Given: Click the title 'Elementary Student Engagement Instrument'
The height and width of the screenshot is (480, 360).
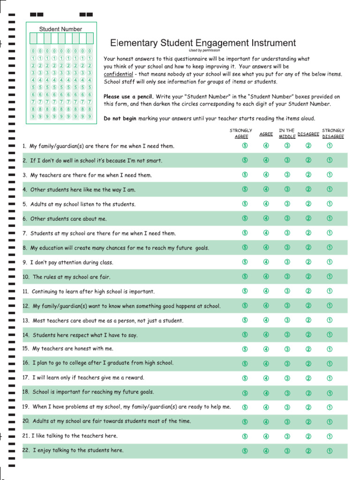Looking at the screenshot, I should tap(203, 43).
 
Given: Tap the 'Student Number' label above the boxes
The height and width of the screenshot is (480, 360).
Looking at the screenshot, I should tap(60, 29).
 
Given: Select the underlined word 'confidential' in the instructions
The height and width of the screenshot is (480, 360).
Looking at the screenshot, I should tap(118, 74).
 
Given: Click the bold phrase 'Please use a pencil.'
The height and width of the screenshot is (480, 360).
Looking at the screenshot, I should tap(128, 97).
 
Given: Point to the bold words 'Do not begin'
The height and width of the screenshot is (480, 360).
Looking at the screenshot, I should tap(120, 119).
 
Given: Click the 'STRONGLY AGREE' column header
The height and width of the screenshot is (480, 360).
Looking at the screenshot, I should tap(241, 134).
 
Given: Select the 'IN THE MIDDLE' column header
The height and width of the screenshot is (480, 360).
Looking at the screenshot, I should tap(287, 134).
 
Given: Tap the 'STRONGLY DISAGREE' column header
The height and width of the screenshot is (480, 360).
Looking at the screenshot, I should tap(333, 134).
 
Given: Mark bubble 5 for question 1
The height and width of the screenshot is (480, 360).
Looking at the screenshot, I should tap(245, 146).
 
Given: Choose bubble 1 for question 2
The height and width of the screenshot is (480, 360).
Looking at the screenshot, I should tap(330, 160).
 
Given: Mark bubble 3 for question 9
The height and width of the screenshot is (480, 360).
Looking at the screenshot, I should tap(287, 262).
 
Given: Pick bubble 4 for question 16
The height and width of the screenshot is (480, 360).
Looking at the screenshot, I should tap(266, 363).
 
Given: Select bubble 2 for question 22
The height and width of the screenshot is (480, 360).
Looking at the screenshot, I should tap(308, 451).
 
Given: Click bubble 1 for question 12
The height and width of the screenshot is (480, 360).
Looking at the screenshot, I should tap(330, 306).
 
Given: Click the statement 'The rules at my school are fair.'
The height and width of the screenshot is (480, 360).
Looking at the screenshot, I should tap(71, 277).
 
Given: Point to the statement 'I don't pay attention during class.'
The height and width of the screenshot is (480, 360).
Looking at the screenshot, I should tap(72, 262).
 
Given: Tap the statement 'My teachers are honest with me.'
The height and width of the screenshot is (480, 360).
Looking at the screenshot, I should tap(73, 349).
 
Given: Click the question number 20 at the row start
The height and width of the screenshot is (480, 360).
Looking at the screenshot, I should tap(26, 421).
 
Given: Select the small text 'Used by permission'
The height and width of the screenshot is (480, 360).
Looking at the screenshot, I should tap(204, 50).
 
